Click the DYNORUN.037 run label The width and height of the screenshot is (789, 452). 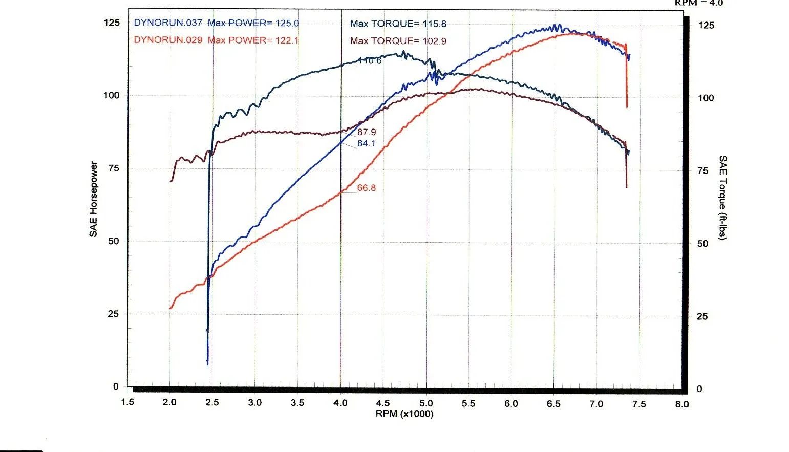tap(168, 23)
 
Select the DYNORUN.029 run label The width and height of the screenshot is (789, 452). tap(168, 40)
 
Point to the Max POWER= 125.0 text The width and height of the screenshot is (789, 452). tap(253, 23)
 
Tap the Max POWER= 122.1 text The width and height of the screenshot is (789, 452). tap(253, 40)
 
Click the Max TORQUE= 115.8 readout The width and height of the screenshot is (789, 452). tap(398, 24)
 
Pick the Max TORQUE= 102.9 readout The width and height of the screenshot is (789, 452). tap(398, 41)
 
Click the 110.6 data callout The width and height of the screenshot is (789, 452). tap(370, 61)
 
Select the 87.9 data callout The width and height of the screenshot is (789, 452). tap(367, 133)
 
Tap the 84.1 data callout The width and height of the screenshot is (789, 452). tap(367, 143)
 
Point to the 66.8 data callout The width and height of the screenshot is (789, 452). tap(367, 188)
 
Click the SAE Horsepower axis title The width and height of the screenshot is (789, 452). tap(93, 199)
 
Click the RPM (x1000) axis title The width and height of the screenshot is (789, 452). tap(404, 414)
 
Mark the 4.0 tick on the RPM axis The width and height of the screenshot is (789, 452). tap(340, 403)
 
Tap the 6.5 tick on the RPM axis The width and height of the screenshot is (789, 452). tap(553, 403)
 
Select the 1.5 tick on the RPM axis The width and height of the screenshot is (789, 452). tap(127, 402)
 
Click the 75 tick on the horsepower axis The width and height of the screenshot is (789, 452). tap(113, 168)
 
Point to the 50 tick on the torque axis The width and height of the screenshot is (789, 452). tap(703, 244)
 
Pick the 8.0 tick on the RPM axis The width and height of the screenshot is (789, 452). tap(681, 404)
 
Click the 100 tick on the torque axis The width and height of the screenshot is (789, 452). tap(706, 98)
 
